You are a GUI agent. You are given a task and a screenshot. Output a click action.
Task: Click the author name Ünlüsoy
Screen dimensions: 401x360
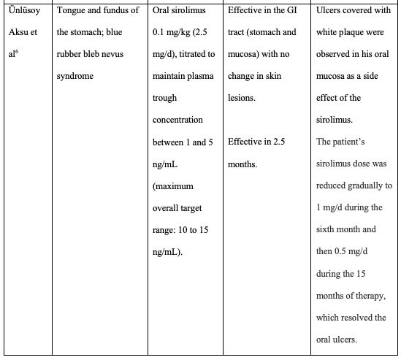pyautogui.click(x=21, y=11)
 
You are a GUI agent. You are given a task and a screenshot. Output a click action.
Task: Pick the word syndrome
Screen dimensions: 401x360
pyautogui.click(x=75, y=77)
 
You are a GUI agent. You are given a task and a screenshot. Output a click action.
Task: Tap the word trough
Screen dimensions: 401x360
pyautogui.click(x=164, y=98)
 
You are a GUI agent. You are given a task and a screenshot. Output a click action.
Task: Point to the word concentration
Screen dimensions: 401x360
pyautogui.click(x=177, y=120)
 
